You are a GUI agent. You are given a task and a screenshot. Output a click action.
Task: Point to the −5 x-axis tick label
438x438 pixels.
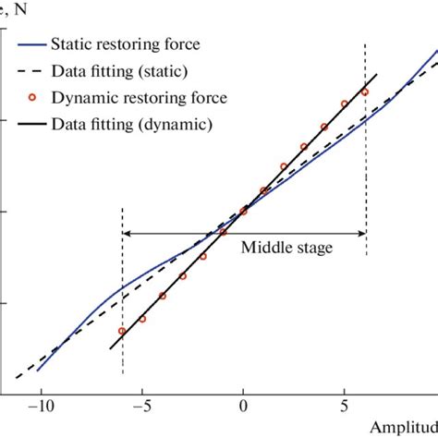(x=140, y=404)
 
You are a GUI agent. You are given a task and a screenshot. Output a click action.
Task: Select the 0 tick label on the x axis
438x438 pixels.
(x=243, y=404)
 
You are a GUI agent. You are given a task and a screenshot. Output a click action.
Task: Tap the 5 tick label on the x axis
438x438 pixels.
(x=345, y=404)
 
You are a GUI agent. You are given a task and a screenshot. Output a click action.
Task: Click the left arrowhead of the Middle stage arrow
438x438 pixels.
(x=127, y=233)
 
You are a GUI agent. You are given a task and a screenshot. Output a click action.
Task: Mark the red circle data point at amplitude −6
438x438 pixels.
(x=122, y=331)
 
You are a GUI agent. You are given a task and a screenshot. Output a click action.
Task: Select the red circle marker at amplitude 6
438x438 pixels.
(x=365, y=92)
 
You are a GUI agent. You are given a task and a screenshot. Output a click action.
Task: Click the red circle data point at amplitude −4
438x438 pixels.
(x=163, y=296)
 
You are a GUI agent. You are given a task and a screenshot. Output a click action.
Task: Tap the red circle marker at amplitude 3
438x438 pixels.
(x=304, y=147)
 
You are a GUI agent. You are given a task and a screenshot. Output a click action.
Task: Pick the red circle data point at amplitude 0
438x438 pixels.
(x=244, y=212)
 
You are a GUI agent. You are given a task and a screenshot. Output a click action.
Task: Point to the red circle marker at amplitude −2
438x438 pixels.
(x=203, y=256)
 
